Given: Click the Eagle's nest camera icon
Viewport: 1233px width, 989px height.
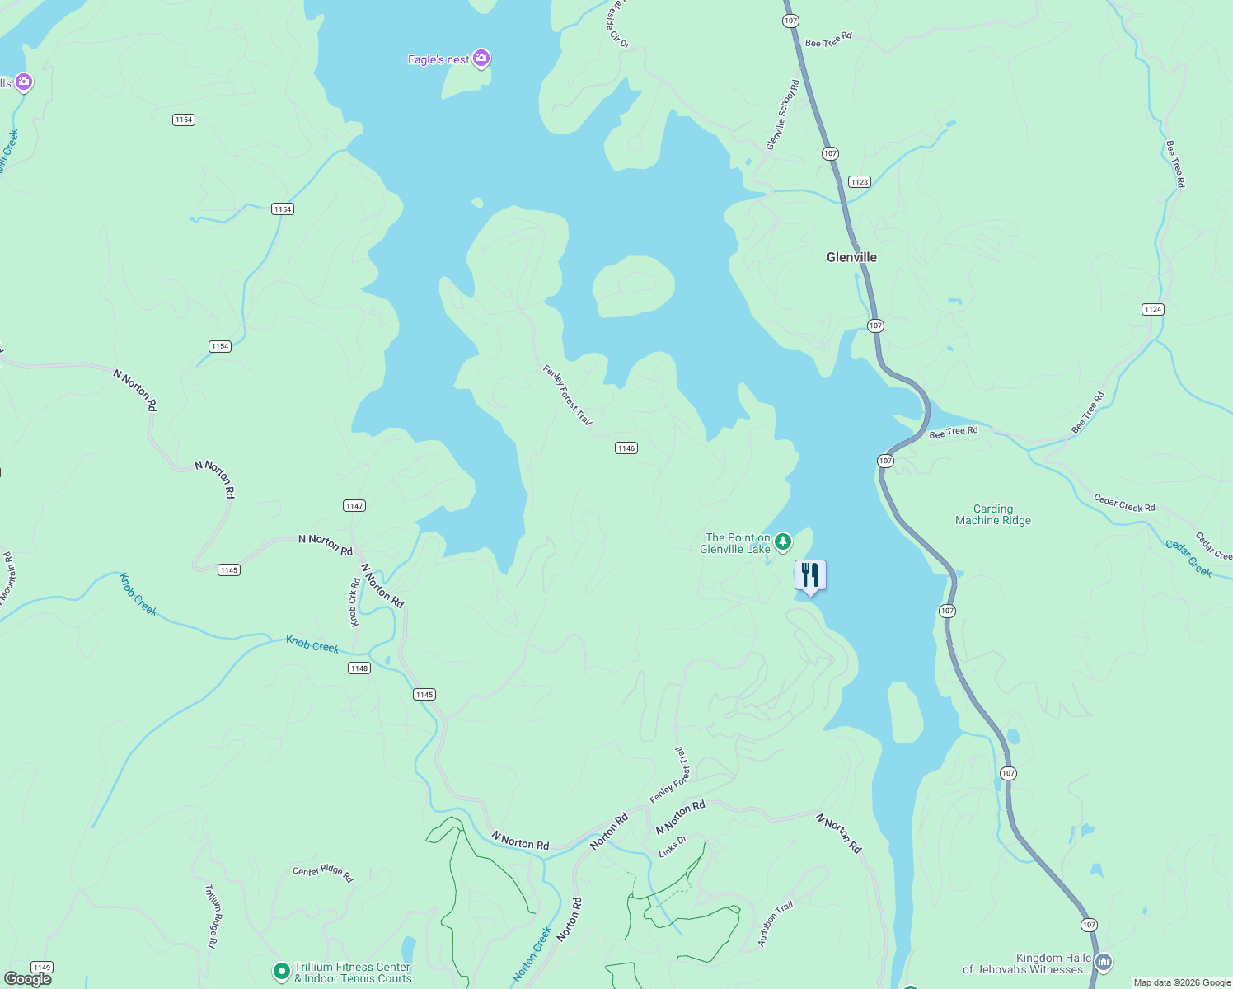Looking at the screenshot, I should [x=481, y=59].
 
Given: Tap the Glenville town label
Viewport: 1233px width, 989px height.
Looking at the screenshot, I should [x=851, y=257].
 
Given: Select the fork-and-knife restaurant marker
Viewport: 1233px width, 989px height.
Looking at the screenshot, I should [x=810, y=575].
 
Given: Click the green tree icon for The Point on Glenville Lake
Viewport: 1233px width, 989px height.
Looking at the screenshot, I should [x=783, y=541].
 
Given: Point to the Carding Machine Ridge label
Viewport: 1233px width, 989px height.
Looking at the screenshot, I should [x=992, y=514].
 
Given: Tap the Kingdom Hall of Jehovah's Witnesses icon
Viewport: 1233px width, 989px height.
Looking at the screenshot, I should [x=1104, y=962].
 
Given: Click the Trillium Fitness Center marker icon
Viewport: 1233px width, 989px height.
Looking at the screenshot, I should [x=281, y=972].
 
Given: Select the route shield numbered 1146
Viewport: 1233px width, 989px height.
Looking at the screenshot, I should [x=626, y=448].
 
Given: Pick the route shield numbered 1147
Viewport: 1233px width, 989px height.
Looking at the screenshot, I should [x=354, y=505].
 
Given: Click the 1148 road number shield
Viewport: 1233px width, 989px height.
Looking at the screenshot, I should [x=359, y=668].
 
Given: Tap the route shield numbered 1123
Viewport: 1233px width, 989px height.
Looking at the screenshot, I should [x=859, y=181].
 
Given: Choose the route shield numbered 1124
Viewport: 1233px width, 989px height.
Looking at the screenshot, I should [x=1152, y=309].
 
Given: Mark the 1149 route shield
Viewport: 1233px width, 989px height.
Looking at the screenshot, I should [x=41, y=967].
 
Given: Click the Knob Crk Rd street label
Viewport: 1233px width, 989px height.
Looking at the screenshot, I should [x=354, y=602].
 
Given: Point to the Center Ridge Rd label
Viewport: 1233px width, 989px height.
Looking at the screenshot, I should [x=322, y=874].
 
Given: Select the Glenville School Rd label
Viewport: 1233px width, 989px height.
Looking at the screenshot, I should [x=782, y=115].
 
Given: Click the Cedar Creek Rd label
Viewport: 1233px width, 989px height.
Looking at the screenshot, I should [x=1124, y=503].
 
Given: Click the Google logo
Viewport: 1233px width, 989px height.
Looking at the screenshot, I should [x=28, y=978].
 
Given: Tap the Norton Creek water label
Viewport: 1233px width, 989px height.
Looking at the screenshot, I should [x=532, y=954].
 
